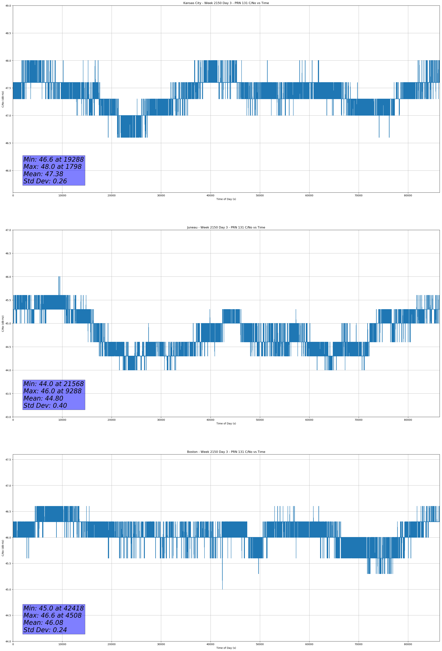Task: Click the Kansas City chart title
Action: pos(226,3)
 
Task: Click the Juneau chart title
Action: pos(226,228)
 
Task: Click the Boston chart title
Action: pos(226,452)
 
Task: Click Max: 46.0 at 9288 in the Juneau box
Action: pos(52,391)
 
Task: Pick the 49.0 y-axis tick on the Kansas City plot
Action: pos(8,6)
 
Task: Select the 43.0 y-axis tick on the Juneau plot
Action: pos(8,417)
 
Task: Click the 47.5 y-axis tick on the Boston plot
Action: pos(8,460)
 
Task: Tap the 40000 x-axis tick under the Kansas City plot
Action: pos(210,196)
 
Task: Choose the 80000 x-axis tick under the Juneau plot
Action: pos(408,420)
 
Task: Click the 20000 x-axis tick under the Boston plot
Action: pos(112,644)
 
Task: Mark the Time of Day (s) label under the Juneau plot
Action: pos(226,423)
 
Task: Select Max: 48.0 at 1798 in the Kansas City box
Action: pos(52,167)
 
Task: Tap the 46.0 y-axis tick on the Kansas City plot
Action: pos(8,171)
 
